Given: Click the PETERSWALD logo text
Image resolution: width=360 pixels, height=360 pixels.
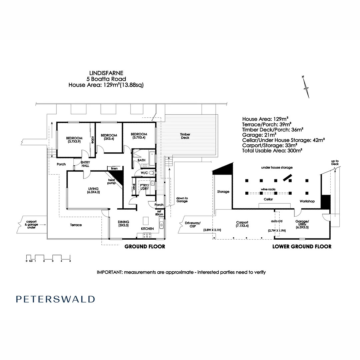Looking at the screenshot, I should point(55,299).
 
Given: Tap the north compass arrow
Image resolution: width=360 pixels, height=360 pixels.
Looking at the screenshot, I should point(306,87).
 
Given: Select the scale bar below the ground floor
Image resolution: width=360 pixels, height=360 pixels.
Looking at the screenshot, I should point(48,257).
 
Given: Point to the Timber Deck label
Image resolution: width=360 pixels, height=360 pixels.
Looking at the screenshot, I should point(186,136).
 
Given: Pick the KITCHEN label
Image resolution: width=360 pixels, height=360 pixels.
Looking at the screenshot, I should point(147,229).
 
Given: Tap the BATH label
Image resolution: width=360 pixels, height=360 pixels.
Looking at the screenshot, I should point(141,160).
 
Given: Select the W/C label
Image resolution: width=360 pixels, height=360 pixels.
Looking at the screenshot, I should point(144,173).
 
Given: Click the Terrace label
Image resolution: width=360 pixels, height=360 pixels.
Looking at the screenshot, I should point(76,225).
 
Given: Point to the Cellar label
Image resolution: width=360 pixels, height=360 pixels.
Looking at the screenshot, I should point(268,199).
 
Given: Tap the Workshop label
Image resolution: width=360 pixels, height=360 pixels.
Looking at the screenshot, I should point(307,201).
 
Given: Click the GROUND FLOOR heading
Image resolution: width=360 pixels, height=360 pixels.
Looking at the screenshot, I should point(145,247).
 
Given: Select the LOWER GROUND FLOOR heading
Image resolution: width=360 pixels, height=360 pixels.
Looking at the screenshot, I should point(302,247).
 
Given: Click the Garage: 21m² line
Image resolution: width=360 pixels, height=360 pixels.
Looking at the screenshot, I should point(259,135).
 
